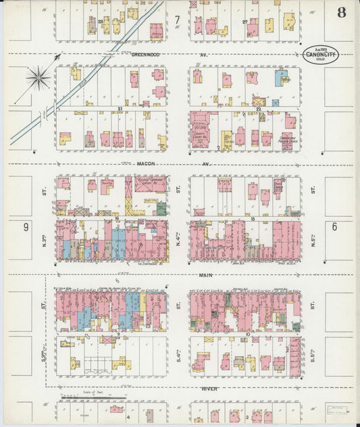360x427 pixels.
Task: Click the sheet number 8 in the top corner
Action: click(x=343, y=12)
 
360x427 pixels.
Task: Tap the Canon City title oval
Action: click(x=320, y=54)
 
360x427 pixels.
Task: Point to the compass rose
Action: click(x=38, y=77)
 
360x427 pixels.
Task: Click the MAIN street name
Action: click(x=207, y=275)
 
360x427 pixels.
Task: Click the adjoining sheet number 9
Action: click(x=26, y=227)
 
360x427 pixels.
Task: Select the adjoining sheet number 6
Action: click(x=334, y=227)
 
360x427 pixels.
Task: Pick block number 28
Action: click(x=100, y=22)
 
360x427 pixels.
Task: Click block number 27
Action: click(x=244, y=22)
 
